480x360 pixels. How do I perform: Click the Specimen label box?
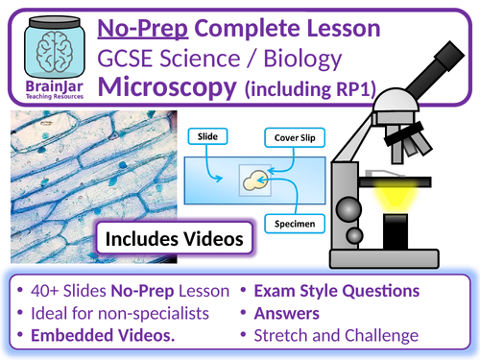295,220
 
